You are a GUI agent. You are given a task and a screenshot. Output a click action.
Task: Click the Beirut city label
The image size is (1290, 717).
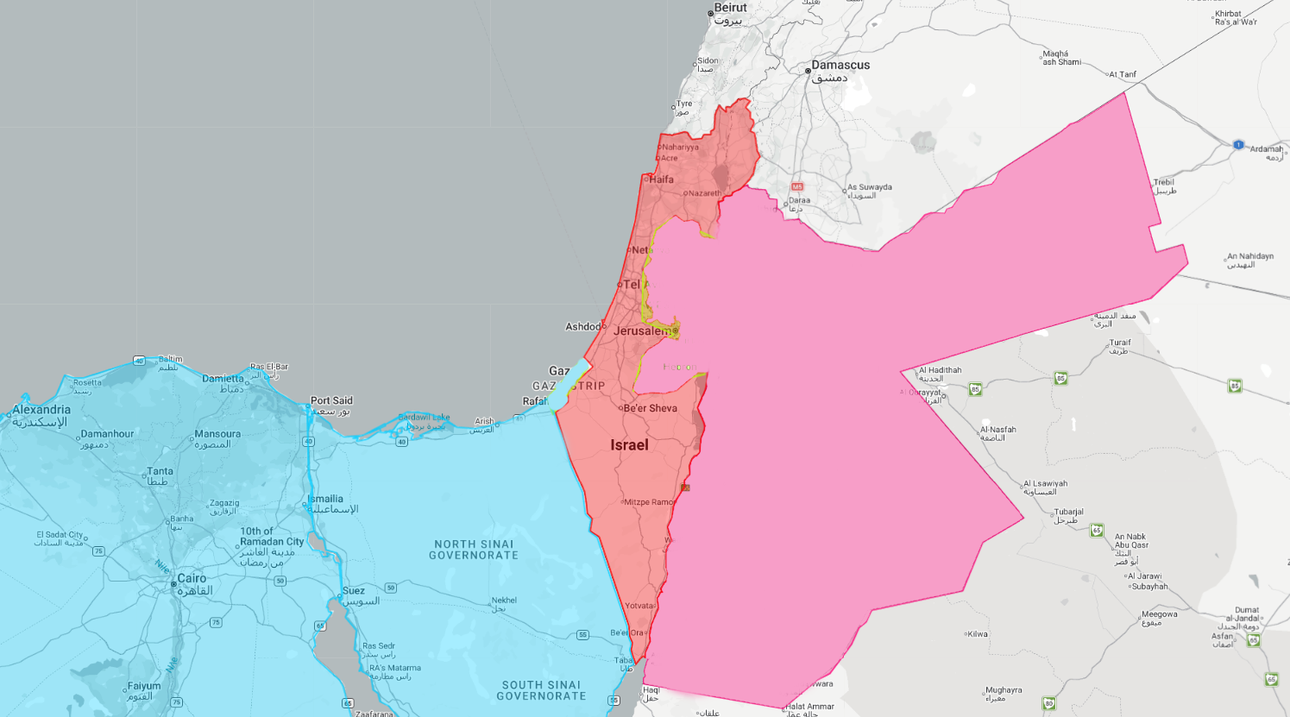[730, 9]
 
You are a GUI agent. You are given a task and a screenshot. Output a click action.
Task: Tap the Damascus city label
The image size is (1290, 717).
[840, 66]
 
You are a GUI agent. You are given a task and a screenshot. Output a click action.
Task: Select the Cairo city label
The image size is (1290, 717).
[192, 578]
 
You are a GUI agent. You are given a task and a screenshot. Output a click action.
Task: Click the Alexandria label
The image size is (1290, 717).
[41, 410]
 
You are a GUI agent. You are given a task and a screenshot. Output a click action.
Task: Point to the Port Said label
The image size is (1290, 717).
[331, 400]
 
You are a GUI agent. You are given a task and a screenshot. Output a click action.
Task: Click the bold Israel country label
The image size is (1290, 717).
[629, 445]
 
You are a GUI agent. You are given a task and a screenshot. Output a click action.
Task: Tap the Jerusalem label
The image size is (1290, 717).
[641, 330]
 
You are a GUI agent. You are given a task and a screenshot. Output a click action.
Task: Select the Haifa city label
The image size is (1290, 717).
[662, 179]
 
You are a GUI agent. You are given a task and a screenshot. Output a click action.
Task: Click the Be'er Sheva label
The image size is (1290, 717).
[650, 408]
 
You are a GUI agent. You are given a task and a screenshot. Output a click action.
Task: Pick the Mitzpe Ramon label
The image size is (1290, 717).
[649, 502]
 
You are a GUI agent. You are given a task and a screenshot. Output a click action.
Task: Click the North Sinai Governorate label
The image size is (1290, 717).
[474, 550]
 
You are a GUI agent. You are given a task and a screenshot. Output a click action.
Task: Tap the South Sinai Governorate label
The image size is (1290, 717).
[541, 690]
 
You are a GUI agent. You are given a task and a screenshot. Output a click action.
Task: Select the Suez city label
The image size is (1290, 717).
[354, 591]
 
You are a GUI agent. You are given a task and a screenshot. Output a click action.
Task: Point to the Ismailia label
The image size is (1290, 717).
[326, 499]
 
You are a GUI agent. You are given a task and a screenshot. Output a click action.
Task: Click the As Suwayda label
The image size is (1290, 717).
[870, 187]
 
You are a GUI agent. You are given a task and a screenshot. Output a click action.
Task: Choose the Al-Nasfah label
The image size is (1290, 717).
[998, 430]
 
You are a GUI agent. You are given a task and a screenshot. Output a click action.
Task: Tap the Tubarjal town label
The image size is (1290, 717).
[1068, 512]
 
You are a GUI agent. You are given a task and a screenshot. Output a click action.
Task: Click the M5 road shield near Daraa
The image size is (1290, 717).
[797, 186]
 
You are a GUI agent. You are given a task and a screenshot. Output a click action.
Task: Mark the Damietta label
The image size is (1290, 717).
[223, 379]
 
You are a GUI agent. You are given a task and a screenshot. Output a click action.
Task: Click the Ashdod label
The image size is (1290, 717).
[582, 327]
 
